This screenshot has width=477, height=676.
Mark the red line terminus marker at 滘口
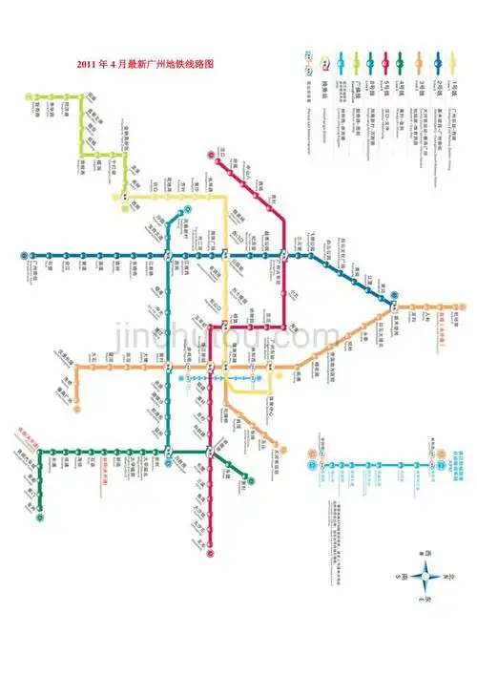(211, 152)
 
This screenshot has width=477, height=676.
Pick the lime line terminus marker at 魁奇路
(29, 95)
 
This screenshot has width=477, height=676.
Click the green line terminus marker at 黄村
(249, 478)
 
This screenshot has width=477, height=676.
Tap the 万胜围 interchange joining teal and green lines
(169, 450)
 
